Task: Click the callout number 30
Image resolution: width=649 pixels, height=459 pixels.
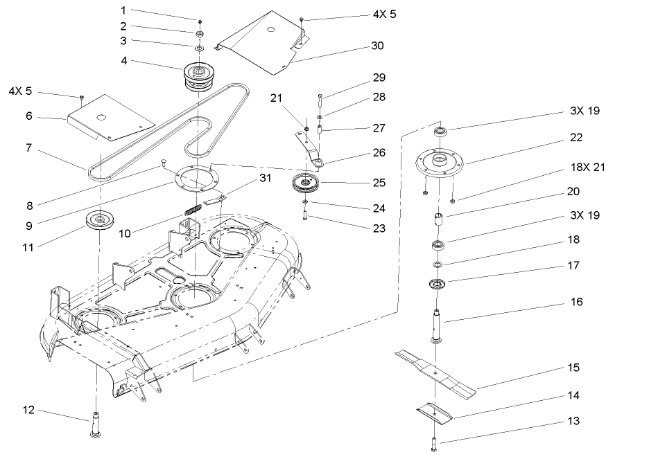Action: point(377,46)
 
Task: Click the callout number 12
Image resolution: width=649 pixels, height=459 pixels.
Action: point(28,411)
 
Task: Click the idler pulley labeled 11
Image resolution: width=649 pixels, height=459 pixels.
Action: point(100,221)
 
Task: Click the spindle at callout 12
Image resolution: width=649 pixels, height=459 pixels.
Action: point(95,424)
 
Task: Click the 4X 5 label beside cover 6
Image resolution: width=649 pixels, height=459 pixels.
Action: point(20,91)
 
